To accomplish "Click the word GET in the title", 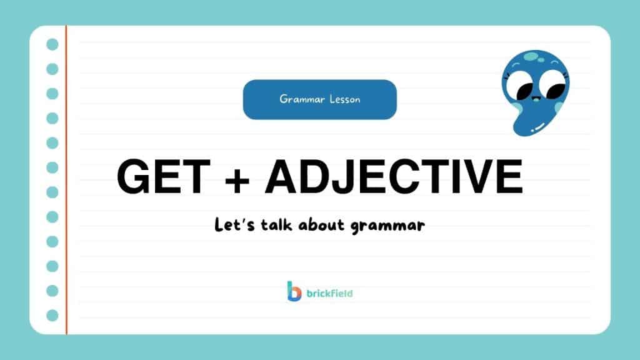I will point(161,177).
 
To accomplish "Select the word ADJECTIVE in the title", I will point(393,177).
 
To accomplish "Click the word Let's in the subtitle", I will point(234,225).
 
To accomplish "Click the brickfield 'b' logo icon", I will point(294,291).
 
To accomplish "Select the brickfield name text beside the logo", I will point(329,292).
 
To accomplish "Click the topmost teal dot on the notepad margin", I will point(52,44).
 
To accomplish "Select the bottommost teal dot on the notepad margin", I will point(52,316).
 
